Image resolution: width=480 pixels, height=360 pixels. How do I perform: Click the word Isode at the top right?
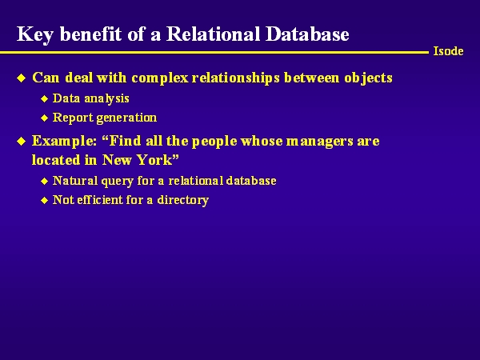pyautogui.click(x=448, y=51)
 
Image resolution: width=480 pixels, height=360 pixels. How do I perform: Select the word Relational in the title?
pyautogui.click(x=213, y=34)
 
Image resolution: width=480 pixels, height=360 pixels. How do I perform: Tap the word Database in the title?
pyautogui.click(x=307, y=34)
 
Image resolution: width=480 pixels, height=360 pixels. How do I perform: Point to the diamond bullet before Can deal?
pyautogui.click(x=22, y=78)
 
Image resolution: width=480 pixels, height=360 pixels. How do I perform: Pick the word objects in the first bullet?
pyautogui.click(x=369, y=78)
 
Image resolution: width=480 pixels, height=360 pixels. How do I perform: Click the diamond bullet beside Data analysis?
pyautogui.click(x=44, y=98)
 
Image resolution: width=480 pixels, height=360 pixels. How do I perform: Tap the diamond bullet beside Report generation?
pyautogui.click(x=44, y=118)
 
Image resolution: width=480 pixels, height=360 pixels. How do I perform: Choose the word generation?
pyautogui.click(x=126, y=118)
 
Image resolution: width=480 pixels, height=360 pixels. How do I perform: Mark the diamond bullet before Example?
pyautogui.click(x=22, y=142)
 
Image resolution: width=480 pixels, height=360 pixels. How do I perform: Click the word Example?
pyautogui.click(x=64, y=142)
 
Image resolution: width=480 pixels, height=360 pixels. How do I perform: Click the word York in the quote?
pyautogui.click(x=158, y=160)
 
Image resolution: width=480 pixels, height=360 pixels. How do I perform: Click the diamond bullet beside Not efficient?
pyautogui.click(x=44, y=201)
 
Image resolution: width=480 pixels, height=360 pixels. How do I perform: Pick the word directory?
pyautogui.click(x=182, y=200)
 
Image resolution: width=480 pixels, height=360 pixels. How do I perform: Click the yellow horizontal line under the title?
pyautogui.click(x=214, y=53)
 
